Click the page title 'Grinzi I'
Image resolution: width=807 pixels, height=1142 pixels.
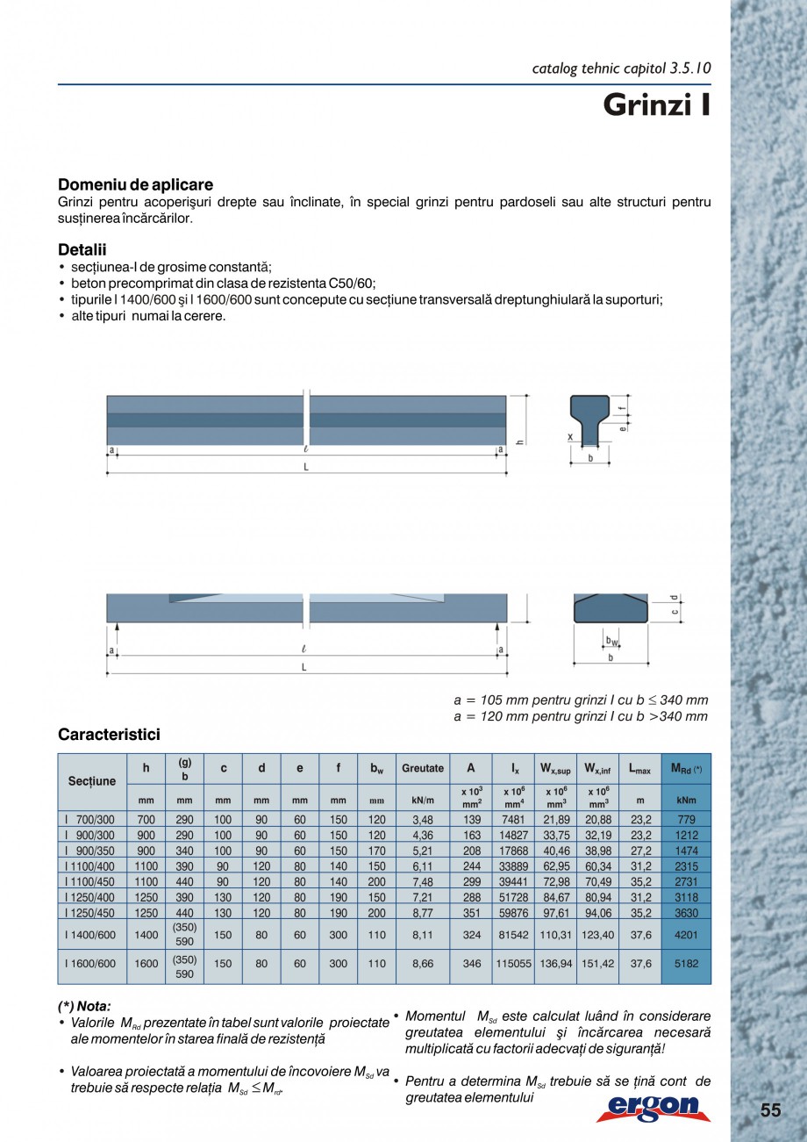[655, 105]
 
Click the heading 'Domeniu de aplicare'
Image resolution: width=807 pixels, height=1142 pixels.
[135, 184]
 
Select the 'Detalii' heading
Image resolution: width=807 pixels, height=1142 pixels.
[82, 250]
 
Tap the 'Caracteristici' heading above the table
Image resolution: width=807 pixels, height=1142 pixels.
[109, 734]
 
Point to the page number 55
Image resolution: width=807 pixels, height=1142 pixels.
[769, 1110]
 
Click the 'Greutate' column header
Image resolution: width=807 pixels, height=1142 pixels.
[423, 768]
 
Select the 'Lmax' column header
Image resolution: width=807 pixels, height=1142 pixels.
[639, 769]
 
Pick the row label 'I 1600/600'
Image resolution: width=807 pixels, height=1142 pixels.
[89, 963]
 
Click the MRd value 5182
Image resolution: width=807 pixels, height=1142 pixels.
[686, 963]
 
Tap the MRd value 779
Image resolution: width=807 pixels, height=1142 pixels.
[686, 819]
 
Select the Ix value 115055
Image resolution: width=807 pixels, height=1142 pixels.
[514, 963]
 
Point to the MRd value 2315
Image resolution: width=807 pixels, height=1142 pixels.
[686, 865]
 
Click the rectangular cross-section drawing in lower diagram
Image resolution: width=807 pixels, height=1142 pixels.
[611, 608]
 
